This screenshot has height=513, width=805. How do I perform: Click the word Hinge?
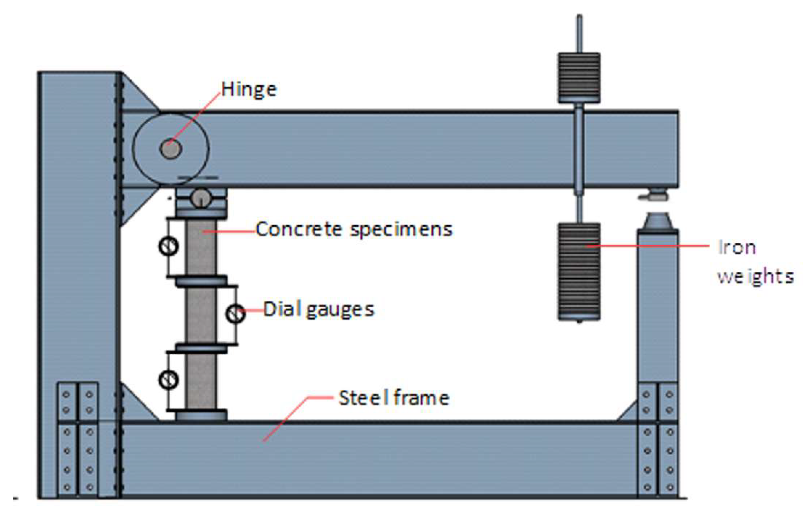[249, 90]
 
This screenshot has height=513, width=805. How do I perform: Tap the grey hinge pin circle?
[171, 149]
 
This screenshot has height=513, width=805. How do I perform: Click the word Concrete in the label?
[299, 229]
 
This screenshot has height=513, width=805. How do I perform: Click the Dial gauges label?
[319, 309]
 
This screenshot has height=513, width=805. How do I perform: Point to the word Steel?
[364, 398]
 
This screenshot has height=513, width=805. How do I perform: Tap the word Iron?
[737, 248]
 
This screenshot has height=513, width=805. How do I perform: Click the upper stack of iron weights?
[579, 78]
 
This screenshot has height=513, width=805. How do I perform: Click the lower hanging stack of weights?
[579, 272]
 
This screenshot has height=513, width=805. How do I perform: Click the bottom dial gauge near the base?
[168, 380]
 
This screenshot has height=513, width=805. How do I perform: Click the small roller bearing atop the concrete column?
[200, 198]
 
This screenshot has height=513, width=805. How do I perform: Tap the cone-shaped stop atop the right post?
[658, 221]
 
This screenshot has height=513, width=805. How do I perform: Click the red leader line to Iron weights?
[652, 246]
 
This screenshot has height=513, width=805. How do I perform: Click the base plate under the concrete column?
[201, 416]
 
